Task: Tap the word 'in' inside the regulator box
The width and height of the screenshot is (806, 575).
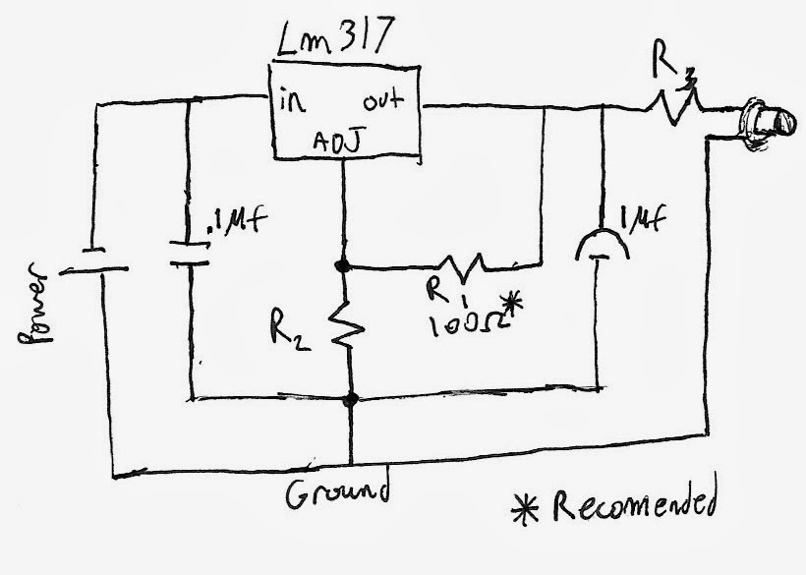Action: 293,102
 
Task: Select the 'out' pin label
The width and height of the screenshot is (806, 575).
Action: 385,102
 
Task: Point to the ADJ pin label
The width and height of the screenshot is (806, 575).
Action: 336,144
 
